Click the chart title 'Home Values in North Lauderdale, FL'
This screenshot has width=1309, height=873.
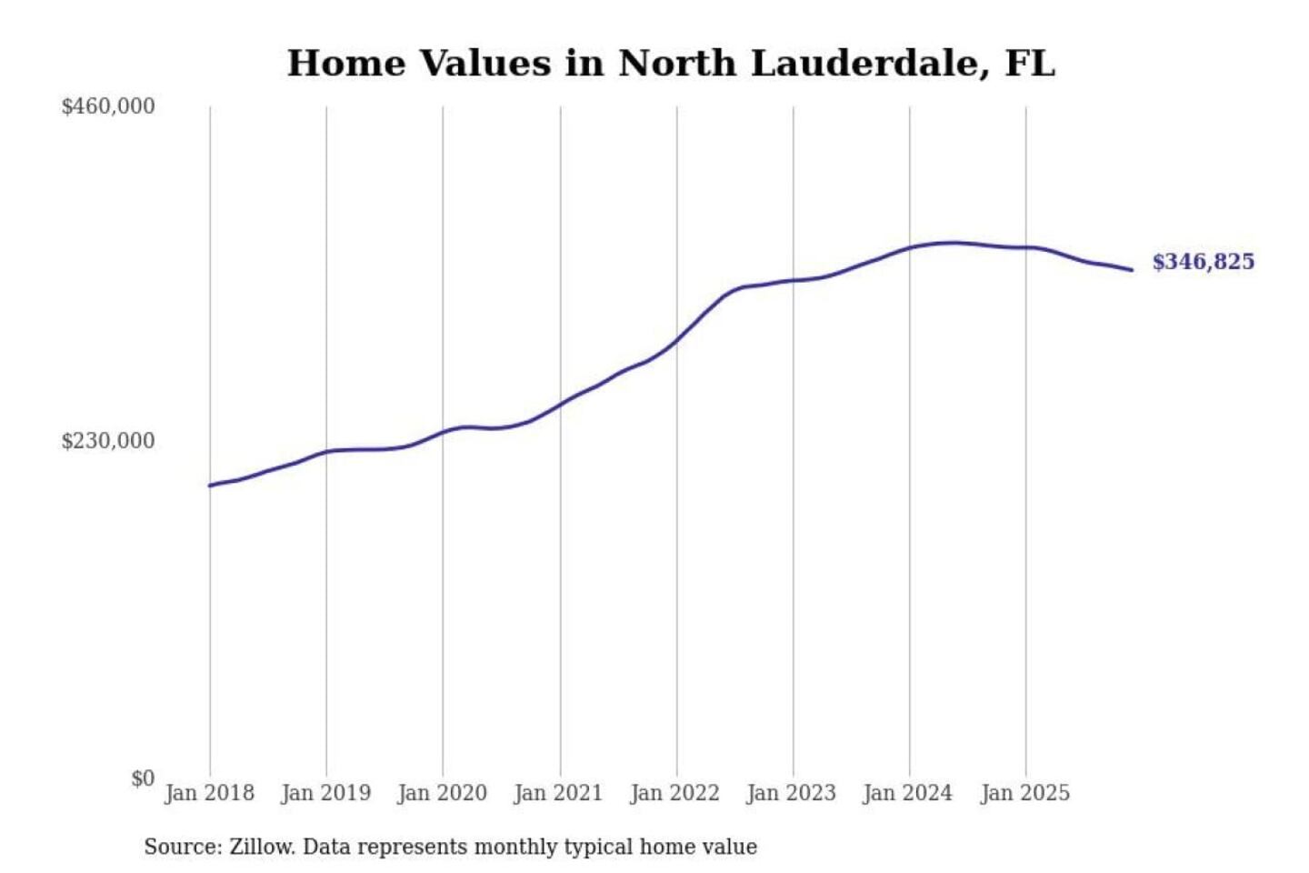(x=671, y=64)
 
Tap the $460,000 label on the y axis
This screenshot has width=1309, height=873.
(x=108, y=106)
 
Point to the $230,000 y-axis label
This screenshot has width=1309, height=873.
(x=108, y=441)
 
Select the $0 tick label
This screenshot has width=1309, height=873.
(x=143, y=778)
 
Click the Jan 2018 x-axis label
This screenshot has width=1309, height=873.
(x=209, y=793)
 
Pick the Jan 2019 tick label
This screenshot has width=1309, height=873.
(x=325, y=793)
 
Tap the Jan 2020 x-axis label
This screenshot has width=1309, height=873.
(x=442, y=793)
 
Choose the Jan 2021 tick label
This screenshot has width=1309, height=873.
(x=558, y=793)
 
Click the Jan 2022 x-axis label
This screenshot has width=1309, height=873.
(x=674, y=793)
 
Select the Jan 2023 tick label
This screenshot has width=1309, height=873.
(x=791, y=793)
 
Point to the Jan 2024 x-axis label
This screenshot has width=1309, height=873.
(x=907, y=793)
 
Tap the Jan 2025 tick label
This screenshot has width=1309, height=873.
(x=1024, y=793)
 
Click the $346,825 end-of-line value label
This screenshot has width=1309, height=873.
(x=1203, y=262)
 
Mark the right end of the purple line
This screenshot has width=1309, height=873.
(x=1132, y=270)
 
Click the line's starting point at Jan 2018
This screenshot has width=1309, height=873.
(x=210, y=486)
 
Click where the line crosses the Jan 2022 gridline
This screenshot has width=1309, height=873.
(x=676, y=342)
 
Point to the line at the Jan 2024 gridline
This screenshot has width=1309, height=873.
(x=910, y=247)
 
